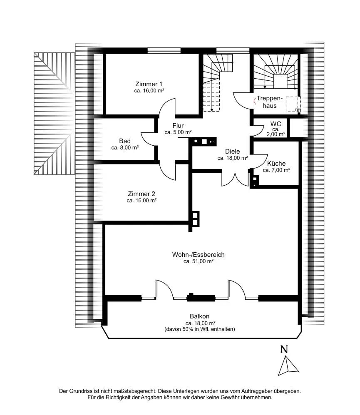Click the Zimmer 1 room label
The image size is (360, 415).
[x=149, y=84]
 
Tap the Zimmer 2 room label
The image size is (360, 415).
[x=142, y=194]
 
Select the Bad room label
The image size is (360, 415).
[x=125, y=141]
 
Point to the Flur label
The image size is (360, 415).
[x=178, y=126]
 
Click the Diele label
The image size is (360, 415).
[x=232, y=152]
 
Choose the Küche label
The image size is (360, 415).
[x=276, y=164]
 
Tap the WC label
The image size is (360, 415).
[x=276, y=124]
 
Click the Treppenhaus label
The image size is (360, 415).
[x=269, y=102]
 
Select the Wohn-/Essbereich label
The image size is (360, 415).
[x=198, y=255]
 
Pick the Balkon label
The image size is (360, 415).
[x=200, y=316]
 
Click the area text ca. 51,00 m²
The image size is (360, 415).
[x=199, y=261]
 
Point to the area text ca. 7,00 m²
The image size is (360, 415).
[x=276, y=170]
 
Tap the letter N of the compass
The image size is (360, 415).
[x=284, y=349]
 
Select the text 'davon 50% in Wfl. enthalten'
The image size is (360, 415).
[x=200, y=329]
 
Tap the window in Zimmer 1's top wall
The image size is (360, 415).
[x=164, y=50]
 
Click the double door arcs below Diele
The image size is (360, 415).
[x=235, y=179]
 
